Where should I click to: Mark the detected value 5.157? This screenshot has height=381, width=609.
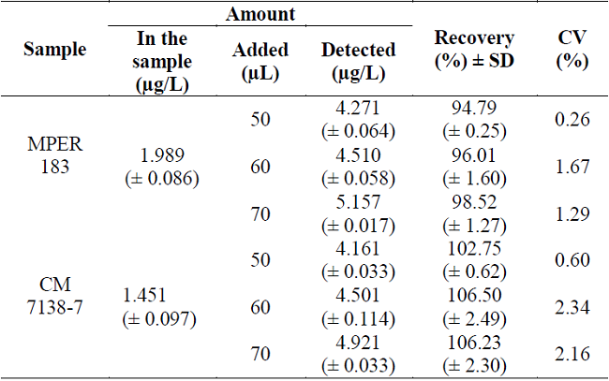357,204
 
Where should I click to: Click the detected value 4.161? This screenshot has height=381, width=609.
357,250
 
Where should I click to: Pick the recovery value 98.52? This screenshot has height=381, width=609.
473,204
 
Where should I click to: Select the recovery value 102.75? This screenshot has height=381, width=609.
473,250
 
